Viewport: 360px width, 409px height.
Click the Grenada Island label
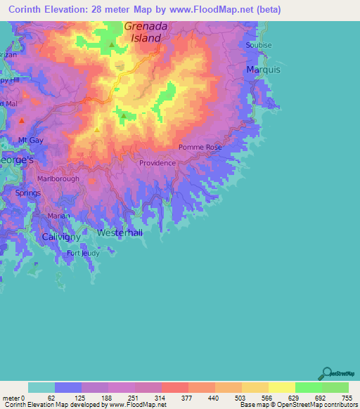(x=148, y=32)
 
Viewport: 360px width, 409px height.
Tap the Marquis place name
(x=263, y=70)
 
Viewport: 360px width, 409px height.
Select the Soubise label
(x=259, y=45)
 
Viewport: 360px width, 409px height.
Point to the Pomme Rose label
(x=200, y=148)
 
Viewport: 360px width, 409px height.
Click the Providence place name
(x=157, y=163)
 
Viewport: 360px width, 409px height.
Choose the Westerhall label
(x=120, y=232)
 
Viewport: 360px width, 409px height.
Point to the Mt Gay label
(x=31, y=141)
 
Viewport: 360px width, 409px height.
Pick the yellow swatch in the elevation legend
(x=281, y=387)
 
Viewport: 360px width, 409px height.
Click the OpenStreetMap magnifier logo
(x=326, y=372)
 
